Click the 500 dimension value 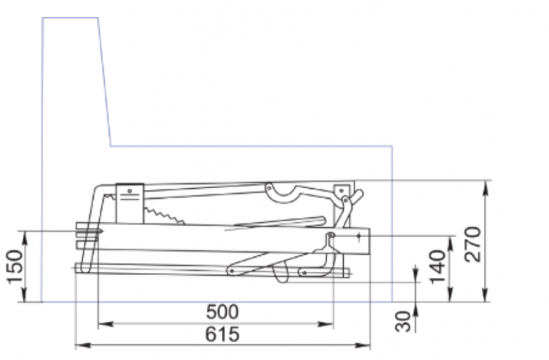(222, 312)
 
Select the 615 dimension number (222, 334)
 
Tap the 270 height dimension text (472, 244)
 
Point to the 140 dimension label (438, 267)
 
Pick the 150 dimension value (16, 267)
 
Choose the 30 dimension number (403, 321)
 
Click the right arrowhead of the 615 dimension (363, 345)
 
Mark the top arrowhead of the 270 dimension (485, 188)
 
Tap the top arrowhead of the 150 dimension (25, 239)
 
